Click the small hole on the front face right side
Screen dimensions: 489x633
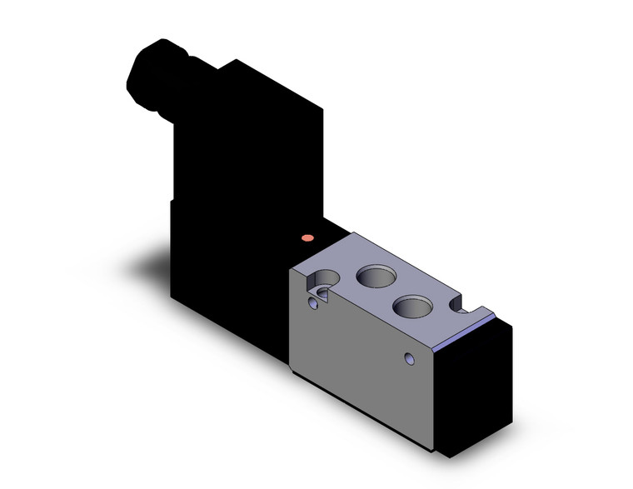tap(408, 360)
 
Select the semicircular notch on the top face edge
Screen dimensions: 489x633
tap(461, 307)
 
